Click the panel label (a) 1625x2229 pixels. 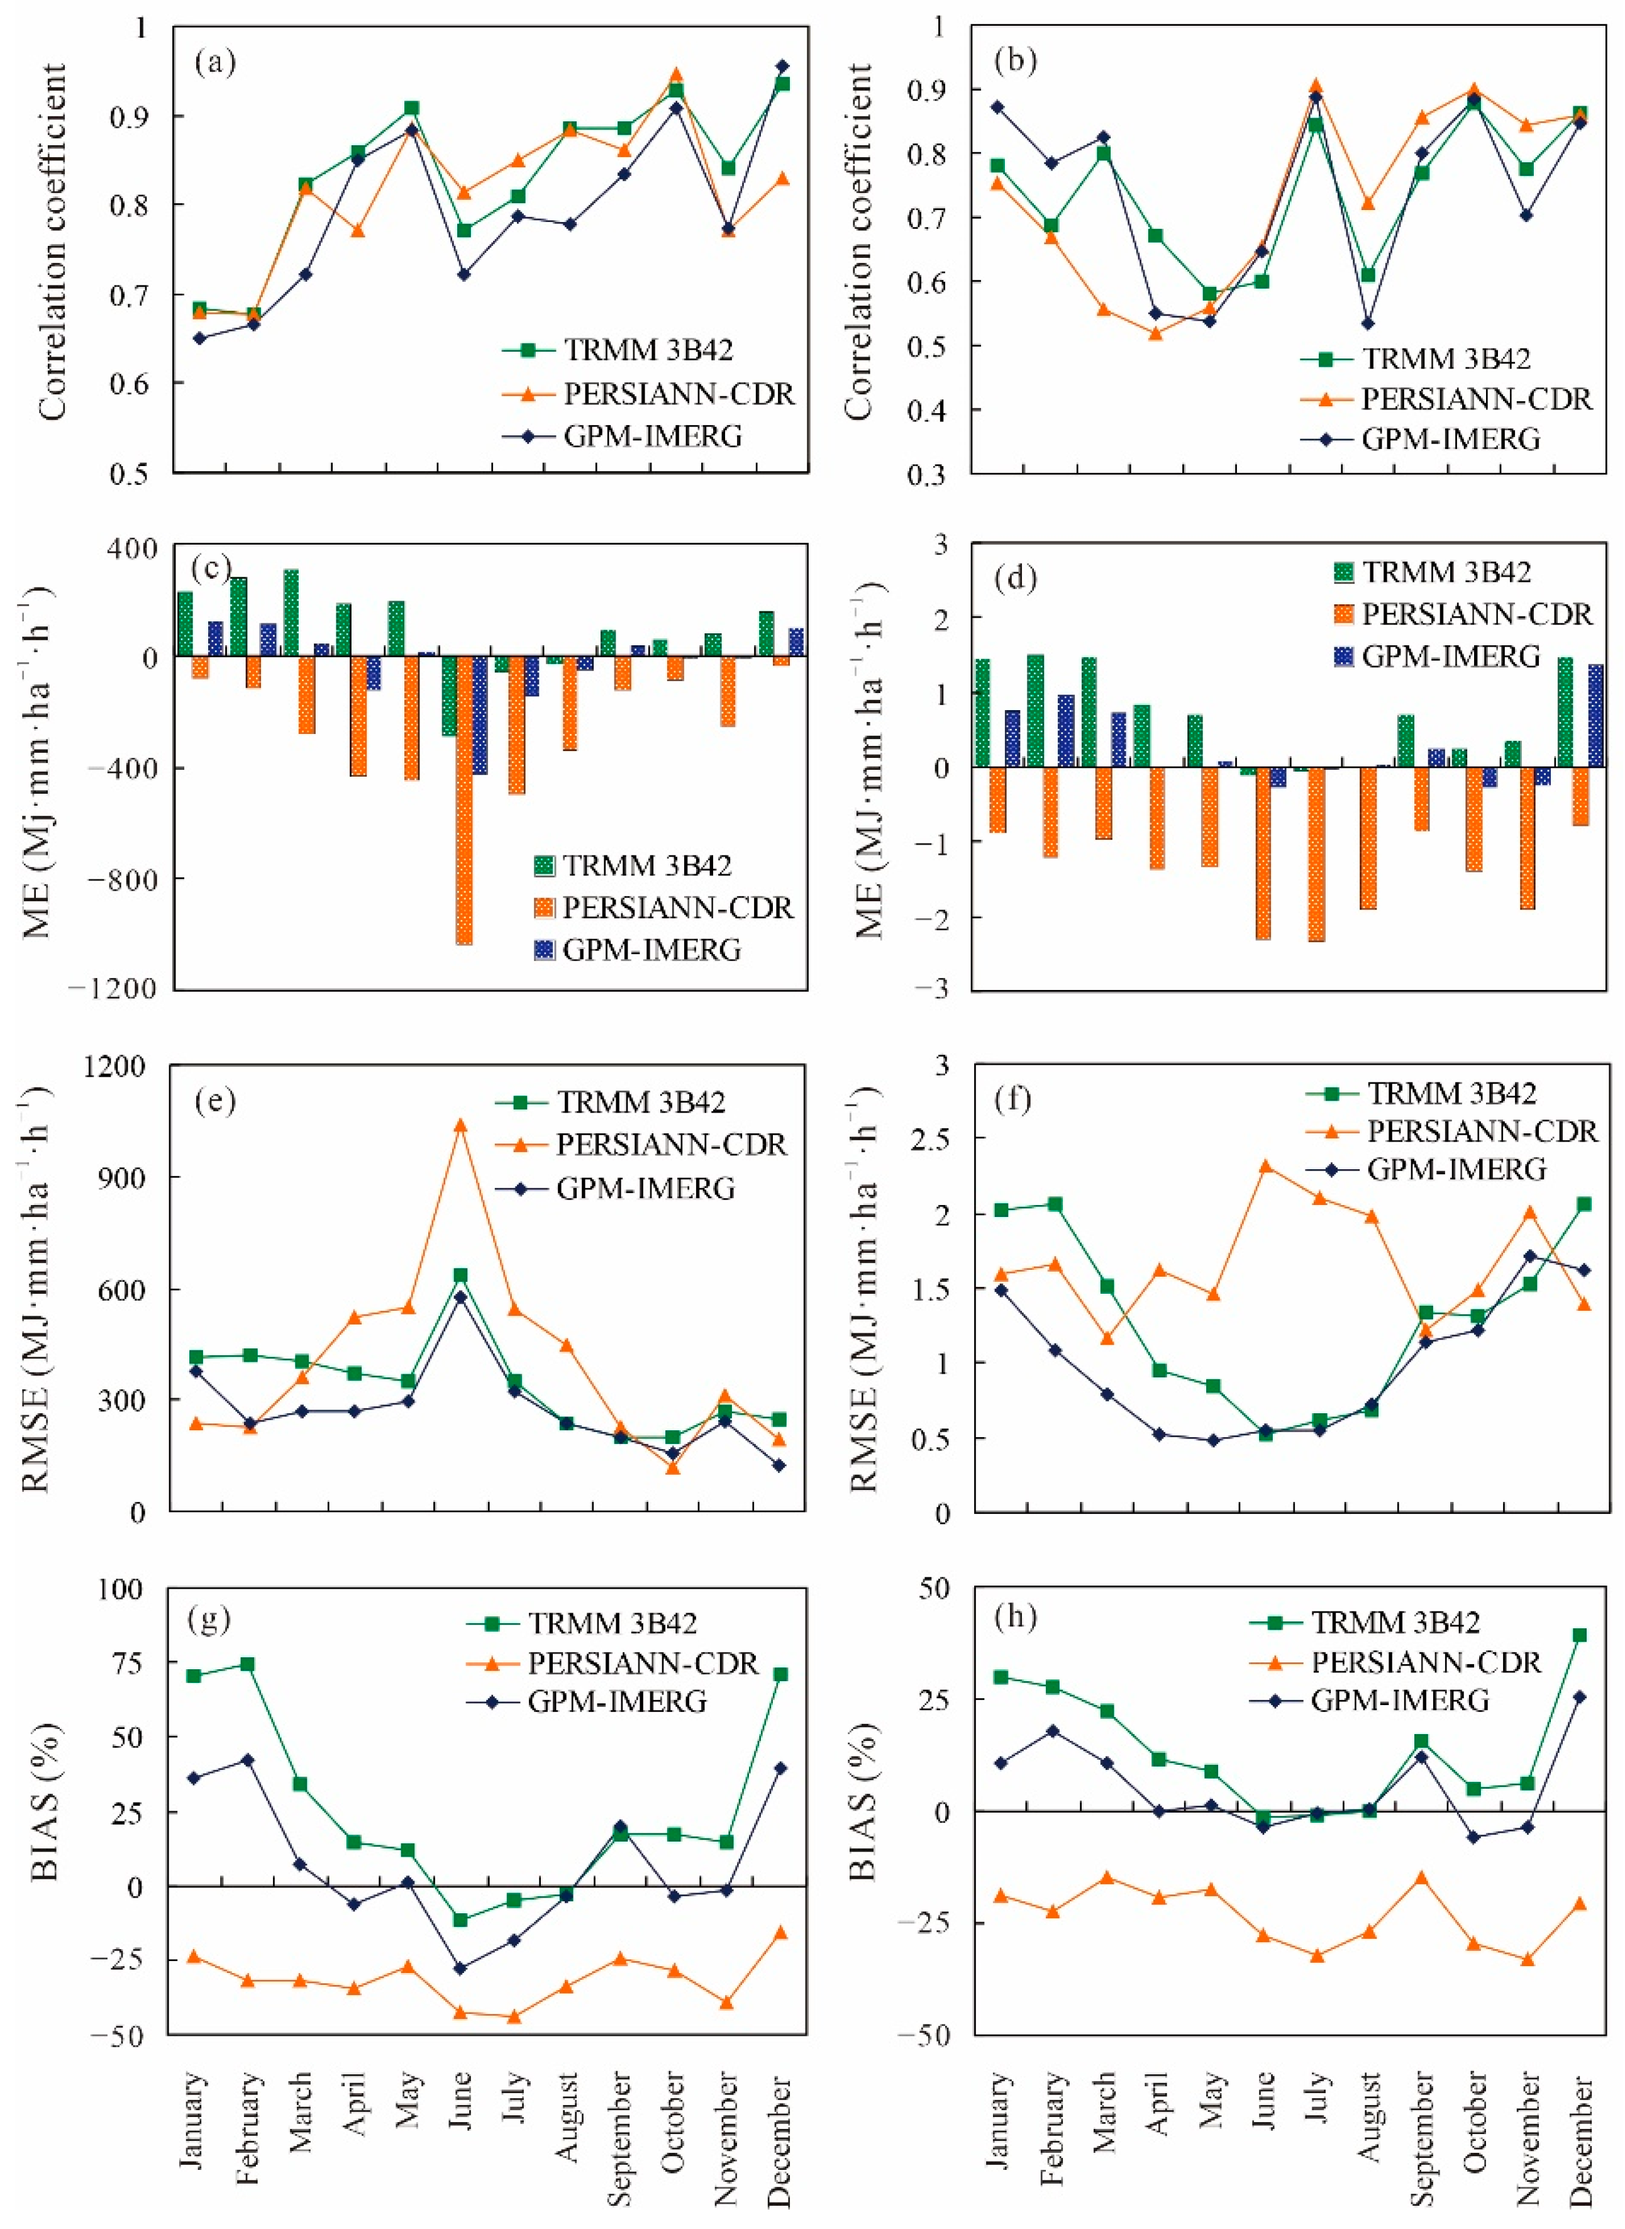[216, 63]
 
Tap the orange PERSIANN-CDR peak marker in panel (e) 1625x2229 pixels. [460, 1125]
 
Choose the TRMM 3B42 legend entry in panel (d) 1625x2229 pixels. [1446, 572]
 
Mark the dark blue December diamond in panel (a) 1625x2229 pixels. [783, 66]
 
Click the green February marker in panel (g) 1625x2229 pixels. [248, 1664]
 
